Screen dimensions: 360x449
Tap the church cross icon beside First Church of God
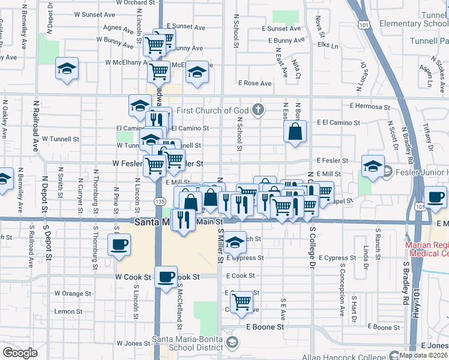click(258, 109)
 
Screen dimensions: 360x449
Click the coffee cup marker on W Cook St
click(166, 277)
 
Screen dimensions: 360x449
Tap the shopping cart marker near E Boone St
click(241, 301)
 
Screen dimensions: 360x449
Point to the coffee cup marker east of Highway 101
click(435, 196)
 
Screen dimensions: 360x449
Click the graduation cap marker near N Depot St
click(67, 68)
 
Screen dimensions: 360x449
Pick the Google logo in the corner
click(19, 352)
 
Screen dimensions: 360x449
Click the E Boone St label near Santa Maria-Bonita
click(265, 327)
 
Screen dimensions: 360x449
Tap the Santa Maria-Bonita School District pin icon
click(232, 342)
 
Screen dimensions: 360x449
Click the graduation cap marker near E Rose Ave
click(196, 72)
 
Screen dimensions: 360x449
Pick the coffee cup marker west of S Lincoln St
click(118, 244)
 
